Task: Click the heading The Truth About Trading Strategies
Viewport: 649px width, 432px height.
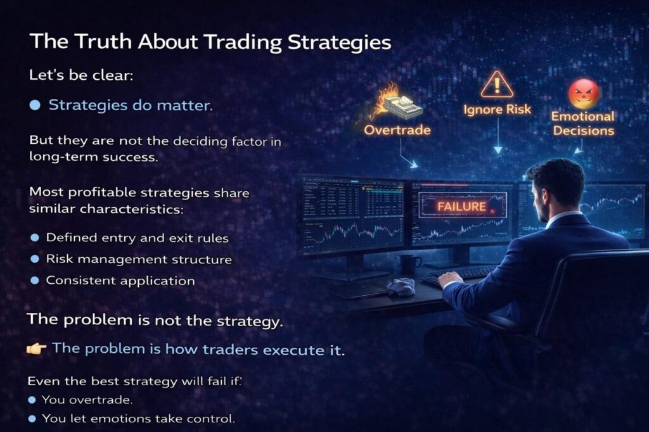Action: pos(210,42)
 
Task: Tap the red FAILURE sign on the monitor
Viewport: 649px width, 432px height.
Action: pos(462,206)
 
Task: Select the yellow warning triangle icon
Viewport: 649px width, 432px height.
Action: pos(497,84)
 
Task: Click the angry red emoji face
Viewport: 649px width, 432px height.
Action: pos(584,94)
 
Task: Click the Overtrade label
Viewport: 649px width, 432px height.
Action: pos(397,130)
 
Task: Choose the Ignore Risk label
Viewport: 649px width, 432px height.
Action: pos(497,109)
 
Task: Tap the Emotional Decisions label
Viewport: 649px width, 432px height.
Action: pos(583,124)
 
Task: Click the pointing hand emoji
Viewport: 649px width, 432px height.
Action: pos(36,349)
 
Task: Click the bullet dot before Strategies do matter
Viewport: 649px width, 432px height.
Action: pos(35,105)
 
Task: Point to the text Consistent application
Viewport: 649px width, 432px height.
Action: pos(120,281)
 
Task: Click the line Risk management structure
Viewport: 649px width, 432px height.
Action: pos(139,259)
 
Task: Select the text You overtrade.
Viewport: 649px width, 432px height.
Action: pos(87,400)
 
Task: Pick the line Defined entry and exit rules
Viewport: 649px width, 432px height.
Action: pos(137,238)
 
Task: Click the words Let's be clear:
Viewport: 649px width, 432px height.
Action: pos(81,75)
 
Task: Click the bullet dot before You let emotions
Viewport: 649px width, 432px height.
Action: pos(32,419)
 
